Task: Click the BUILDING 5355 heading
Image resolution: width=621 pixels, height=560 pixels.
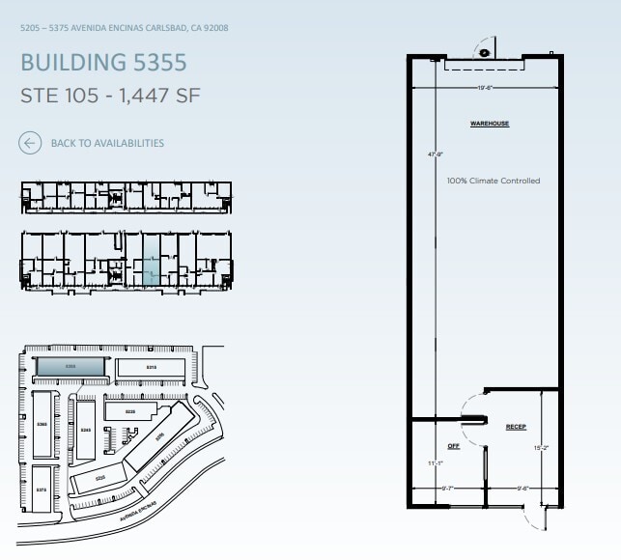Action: click(x=103, y=63)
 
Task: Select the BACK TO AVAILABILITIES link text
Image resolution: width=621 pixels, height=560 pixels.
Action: click(x=107, y=143)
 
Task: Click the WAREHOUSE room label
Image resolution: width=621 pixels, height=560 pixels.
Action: click(x=489, y=124)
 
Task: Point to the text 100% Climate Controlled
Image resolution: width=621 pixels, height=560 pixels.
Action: click(x=493, y=181)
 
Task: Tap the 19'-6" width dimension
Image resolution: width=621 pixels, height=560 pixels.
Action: click(x=484, y=88)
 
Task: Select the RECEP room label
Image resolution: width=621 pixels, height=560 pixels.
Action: click(x=516, y=426)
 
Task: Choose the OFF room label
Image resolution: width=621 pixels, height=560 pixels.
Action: click(x=453, y=445)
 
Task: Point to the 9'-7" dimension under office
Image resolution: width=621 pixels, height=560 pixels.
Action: click(x=447, y=489)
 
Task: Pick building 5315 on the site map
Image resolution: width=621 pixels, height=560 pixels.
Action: click(x=152, y=368)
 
